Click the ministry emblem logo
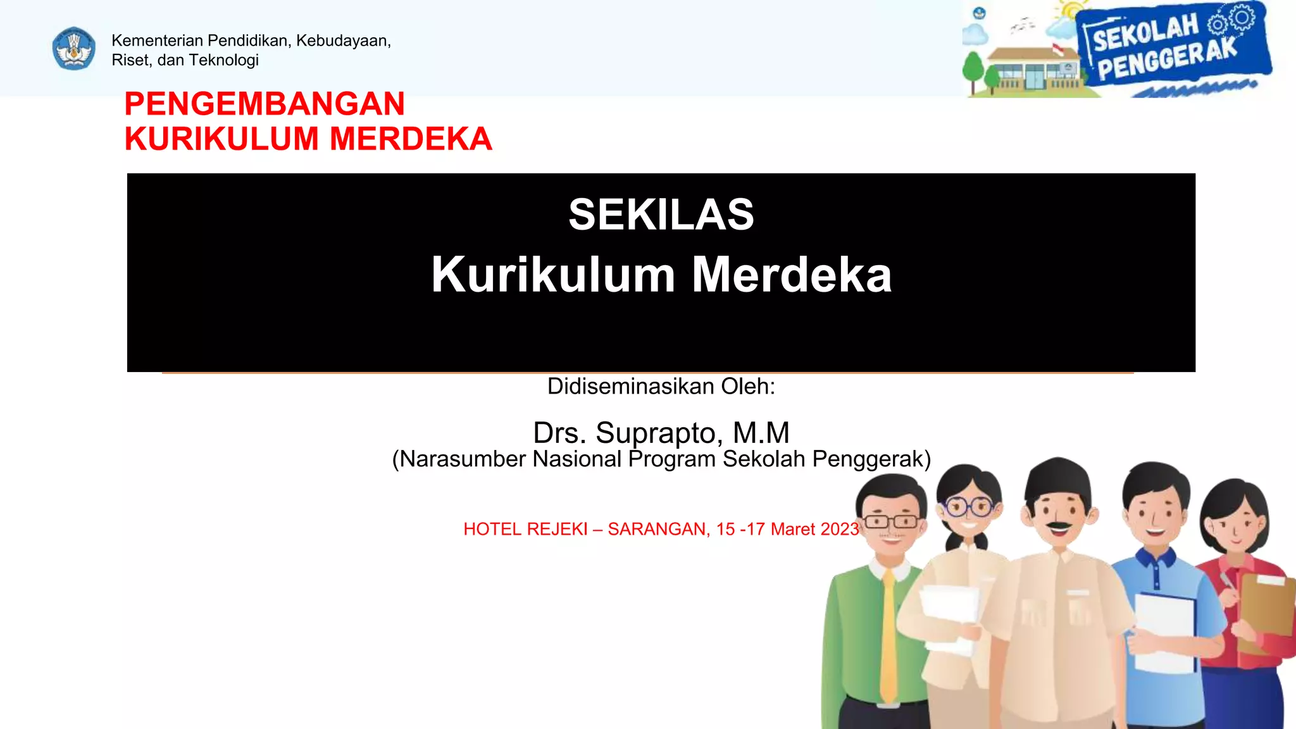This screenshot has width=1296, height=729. (74, 49)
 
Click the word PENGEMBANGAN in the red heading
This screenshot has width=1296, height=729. (265, 104)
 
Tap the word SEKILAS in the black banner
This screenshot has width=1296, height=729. (661, 215)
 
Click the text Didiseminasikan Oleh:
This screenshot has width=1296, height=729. (661, 386)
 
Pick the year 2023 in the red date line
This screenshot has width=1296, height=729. (838, 529)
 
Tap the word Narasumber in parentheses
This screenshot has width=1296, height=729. (466, 459)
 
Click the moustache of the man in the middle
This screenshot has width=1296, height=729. (1058, 526)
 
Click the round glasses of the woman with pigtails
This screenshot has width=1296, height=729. (968, 507)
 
